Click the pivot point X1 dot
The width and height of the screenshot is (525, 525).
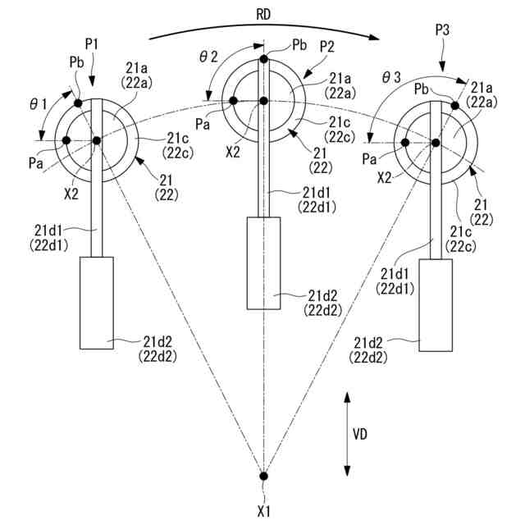[263, 476]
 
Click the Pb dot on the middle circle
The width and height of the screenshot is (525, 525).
[263, 59]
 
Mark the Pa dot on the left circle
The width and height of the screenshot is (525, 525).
[66, 140]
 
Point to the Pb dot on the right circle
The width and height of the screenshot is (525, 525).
[454, 105]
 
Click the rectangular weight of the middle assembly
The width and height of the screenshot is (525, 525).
[263, 262]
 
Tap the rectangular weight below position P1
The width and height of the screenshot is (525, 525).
[96, 302]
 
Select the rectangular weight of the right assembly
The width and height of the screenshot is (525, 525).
[436, 304]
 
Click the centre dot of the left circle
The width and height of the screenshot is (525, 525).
[96, 140]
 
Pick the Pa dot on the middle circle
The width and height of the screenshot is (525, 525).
[234, 101]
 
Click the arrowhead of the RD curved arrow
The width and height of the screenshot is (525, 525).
[378, 37]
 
